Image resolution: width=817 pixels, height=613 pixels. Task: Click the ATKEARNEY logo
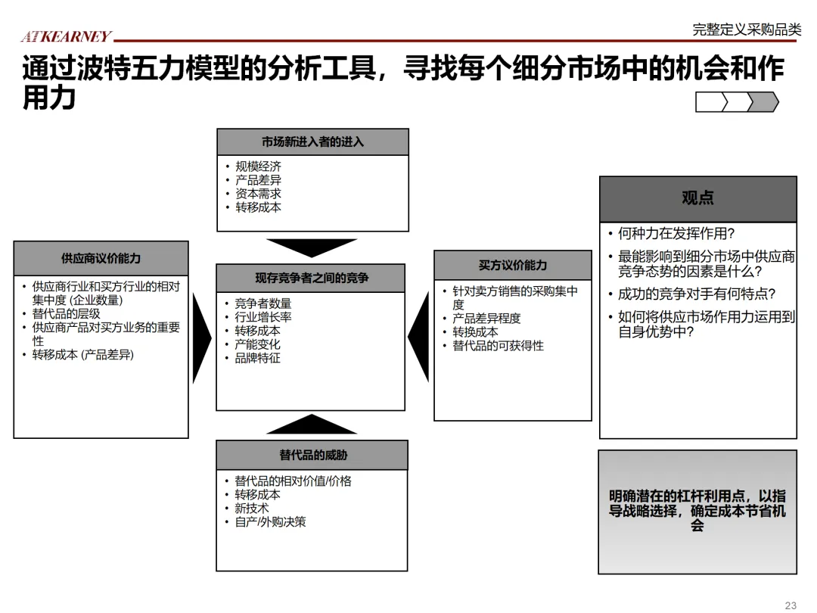coord(66,36)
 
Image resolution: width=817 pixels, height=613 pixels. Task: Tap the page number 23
coord(791,605)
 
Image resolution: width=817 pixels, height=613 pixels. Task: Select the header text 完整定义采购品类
coord(746,30)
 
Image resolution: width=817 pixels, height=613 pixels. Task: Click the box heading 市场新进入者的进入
coord(312,142)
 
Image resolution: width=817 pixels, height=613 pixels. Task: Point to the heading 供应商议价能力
coord(101,258)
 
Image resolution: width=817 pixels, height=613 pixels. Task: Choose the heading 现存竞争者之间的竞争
coord(311,278)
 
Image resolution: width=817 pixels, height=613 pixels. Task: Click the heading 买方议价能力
coord(512,265)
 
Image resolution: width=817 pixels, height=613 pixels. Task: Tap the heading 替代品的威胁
coord(312,455)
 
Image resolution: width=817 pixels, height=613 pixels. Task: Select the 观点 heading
coord(697,198)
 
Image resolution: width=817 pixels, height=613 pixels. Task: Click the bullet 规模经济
coord(258,166)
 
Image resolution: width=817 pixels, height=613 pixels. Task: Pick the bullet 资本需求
coord(258,194)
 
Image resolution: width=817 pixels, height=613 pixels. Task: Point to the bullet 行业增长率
coord(263,317)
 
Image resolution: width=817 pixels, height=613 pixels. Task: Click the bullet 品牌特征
coord(257,358)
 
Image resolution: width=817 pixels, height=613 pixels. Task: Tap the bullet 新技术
coord(252,509)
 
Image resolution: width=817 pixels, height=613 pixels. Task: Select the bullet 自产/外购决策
coord(270,522)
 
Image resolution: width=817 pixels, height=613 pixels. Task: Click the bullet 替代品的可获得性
coord(498,346)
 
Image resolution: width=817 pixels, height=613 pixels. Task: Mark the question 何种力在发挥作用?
coord(676,234)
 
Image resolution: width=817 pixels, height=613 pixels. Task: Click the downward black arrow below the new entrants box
coord(312,247)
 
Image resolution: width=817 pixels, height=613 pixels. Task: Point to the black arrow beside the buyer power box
coord(419,338)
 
